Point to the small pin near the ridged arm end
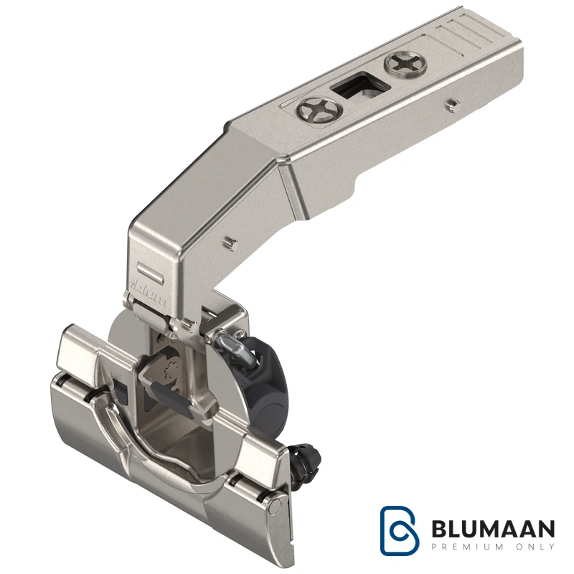coord(453,104)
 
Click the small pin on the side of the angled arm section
coord(230,243)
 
